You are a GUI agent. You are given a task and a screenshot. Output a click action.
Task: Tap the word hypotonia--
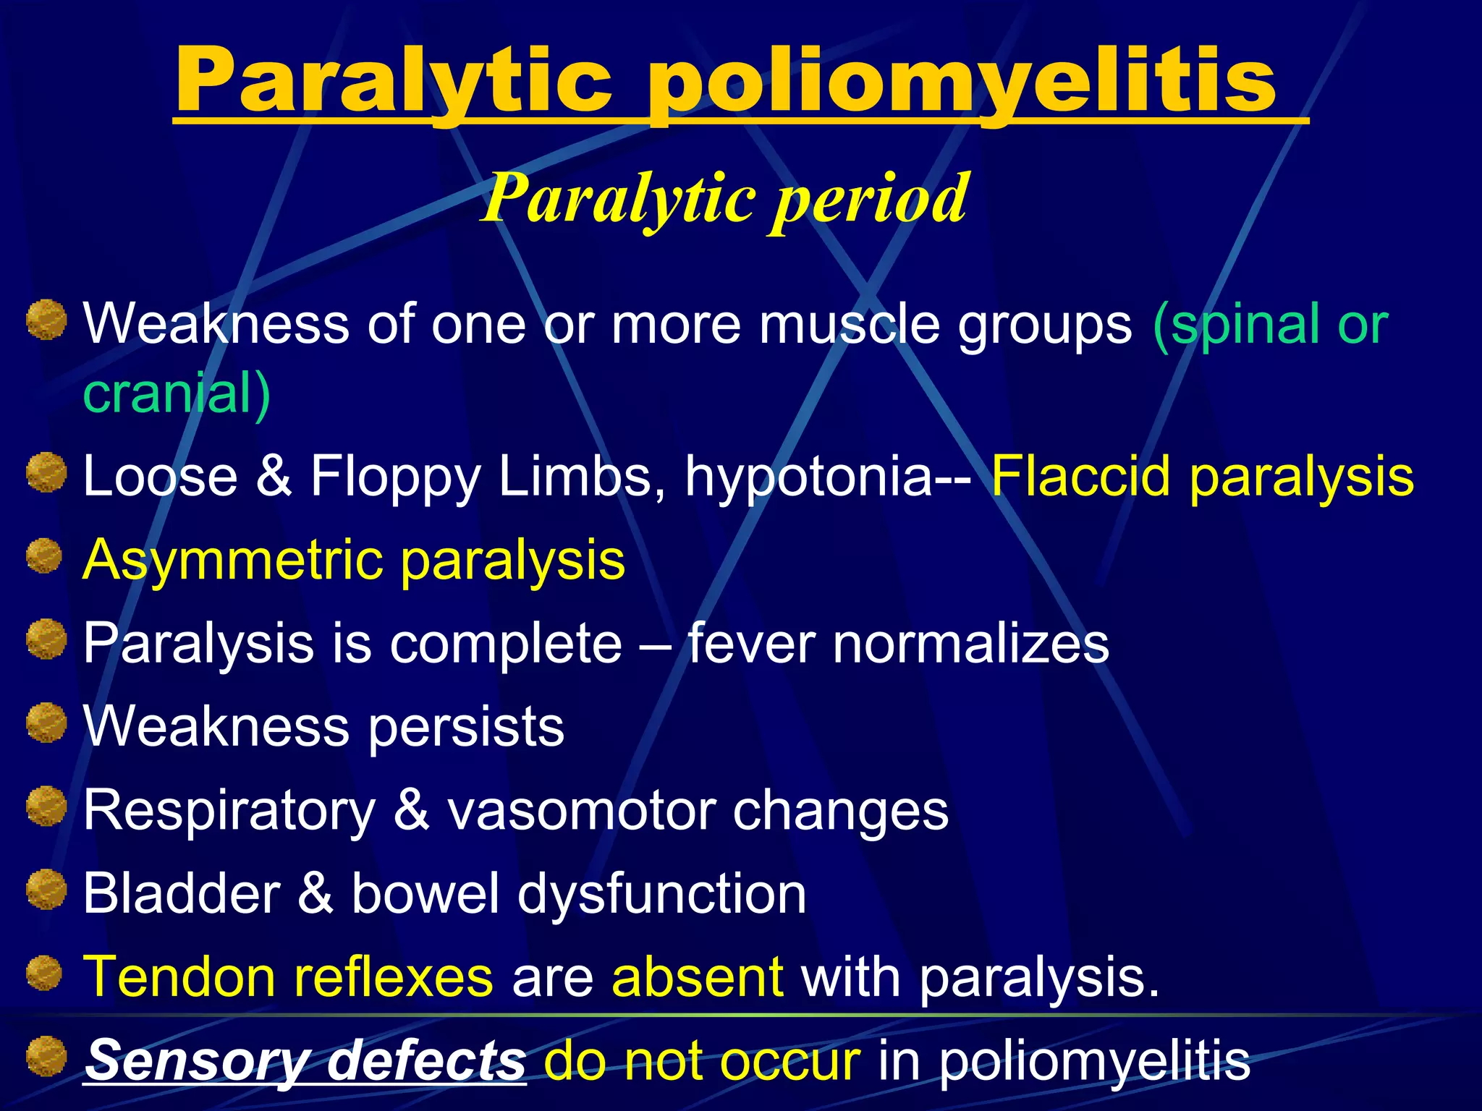[829, 477]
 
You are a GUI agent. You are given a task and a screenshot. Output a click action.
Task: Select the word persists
[466, 727]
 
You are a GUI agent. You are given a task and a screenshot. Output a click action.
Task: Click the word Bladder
[182, 893]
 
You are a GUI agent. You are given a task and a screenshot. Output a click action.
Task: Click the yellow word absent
[697, 977]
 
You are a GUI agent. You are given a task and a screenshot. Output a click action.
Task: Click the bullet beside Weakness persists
[47, 723]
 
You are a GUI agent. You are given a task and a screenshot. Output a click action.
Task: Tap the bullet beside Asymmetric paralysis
[45, 555]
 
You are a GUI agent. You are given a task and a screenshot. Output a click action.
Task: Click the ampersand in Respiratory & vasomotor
[412, 810]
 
